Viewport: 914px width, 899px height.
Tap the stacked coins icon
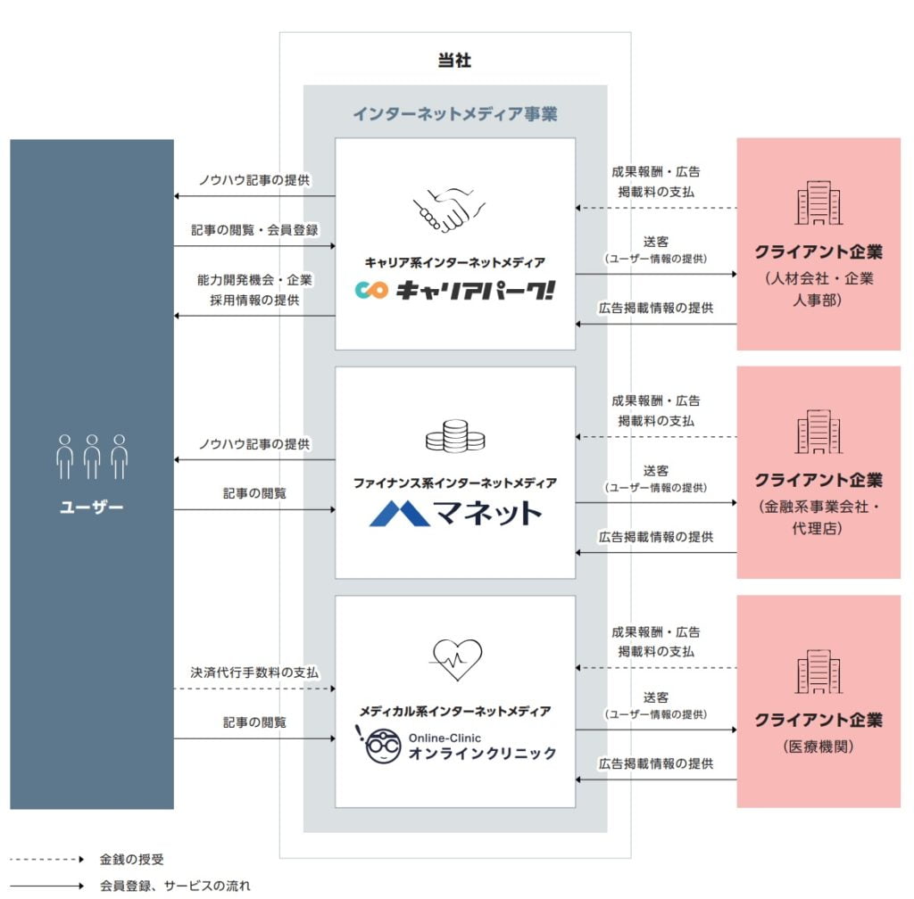click(454, 436)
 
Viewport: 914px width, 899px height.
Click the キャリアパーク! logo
click(454, 290)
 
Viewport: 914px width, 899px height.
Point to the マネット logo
click(455, 513)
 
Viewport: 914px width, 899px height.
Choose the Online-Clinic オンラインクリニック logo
click(455, 746)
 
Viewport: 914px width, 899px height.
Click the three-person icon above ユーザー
click(92, 457)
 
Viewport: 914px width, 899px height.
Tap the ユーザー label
click(92, 508)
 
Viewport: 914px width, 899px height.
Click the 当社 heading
click(454, 61)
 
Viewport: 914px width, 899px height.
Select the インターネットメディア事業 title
click(454, 113)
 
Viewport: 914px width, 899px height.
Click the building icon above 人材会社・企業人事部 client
click(818, 202)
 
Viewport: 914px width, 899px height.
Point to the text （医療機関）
click(818, 746)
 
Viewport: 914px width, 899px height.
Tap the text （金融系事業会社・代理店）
click(818, 516)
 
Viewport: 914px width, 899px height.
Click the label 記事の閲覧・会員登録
click(254, 229)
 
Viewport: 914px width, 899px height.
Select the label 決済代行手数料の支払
click(254, 672)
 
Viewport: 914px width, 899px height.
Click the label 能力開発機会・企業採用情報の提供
click(254, 290)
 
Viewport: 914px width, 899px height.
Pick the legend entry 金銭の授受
click(131, 860)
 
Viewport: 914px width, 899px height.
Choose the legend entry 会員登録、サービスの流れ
click(175, 886)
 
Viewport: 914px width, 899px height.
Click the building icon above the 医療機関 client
click(818, 671)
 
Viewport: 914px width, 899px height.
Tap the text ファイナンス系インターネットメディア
click(454, 482)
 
